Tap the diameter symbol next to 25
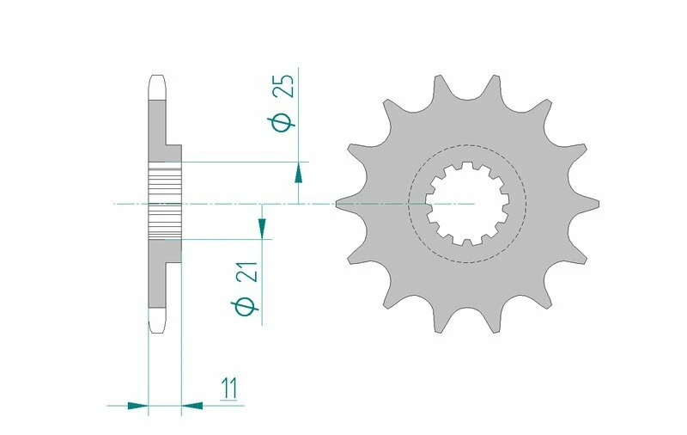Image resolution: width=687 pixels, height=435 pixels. pos(286,123)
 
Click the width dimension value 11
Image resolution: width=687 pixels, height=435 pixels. pos(228,388)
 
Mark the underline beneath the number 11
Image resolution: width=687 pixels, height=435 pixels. pos(228,401)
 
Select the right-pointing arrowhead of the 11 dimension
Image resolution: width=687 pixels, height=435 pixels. pos(137,404)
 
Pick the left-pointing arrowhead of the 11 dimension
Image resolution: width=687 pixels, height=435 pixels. pos(192,404)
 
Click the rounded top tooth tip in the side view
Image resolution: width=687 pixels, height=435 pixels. pos(157,86)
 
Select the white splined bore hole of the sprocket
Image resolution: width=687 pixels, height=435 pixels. pos(468,203)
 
